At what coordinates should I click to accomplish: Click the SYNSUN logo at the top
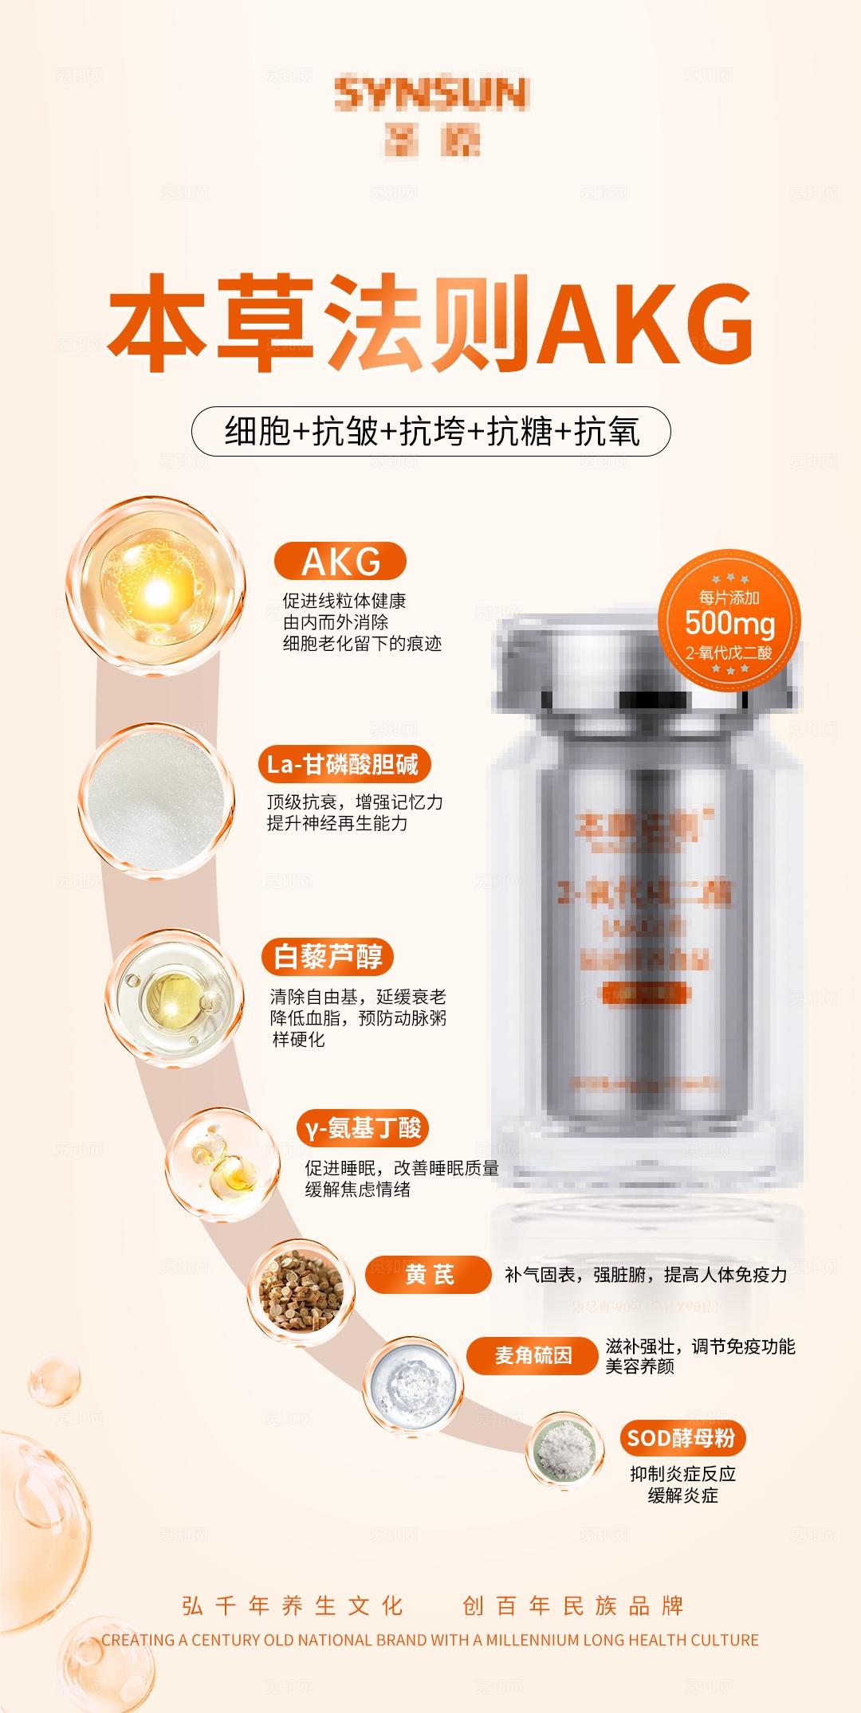[x=431, y=94]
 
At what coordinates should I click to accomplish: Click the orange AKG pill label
[x=340, y=562]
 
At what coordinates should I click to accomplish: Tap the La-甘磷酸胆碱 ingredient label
[x=343, y=764]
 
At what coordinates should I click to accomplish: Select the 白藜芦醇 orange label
[x=328, y=956]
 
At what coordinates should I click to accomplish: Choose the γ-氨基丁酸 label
[x=363, y=1128]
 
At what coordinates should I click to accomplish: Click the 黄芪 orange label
[x=429, y=1275]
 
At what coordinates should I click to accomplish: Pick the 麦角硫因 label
[x=533, y=1355]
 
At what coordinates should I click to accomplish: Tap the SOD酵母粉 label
[x=680, y=1438]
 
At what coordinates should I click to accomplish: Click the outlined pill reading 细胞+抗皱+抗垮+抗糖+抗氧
[x=431, y=432]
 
